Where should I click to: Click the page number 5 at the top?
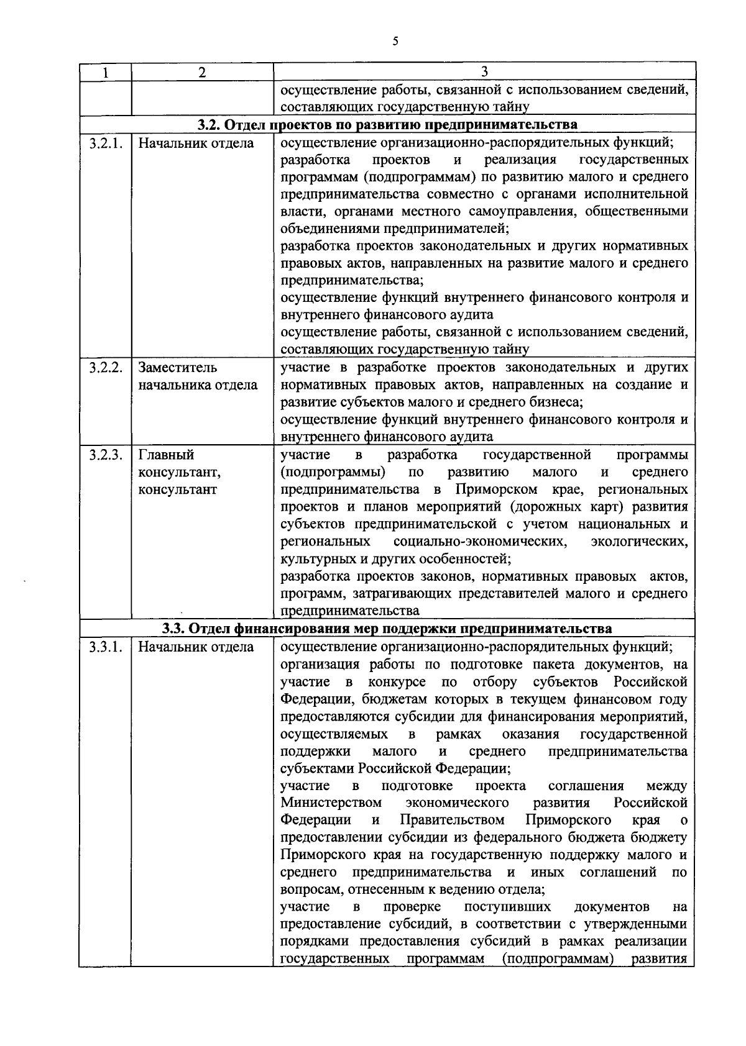(395, 42)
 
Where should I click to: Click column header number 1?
(104, 72)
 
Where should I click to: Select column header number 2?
(201, 72)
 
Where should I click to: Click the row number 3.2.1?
(105, 143)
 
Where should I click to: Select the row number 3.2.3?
(105, 455)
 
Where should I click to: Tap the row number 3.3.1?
(105, 647)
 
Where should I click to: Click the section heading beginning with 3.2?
(387, 125)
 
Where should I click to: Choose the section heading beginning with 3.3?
(387, 629)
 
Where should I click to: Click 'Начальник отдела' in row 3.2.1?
(196, 143)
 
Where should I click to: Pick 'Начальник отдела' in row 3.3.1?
(196, 647)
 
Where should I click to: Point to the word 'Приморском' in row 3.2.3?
(495, 489)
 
